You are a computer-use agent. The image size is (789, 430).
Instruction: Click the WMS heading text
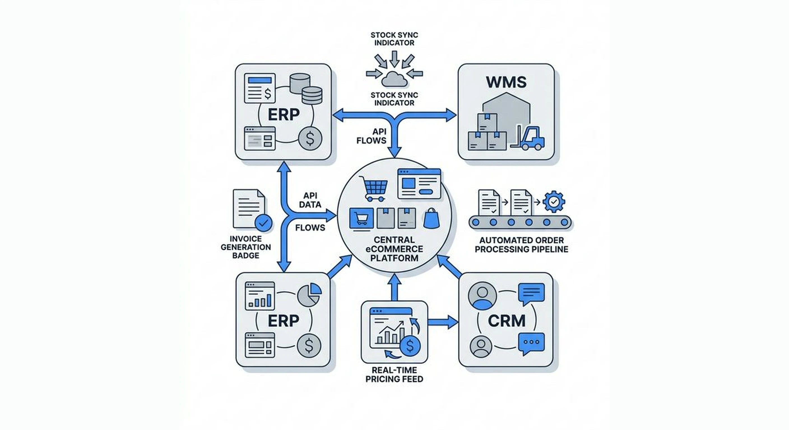tap(506, 82)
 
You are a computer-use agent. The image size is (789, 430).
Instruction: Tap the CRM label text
tap(506, 321)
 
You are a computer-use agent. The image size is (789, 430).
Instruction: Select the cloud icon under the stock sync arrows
tap(394, 79)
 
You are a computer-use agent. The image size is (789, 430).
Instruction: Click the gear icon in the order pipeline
tap(553, 202)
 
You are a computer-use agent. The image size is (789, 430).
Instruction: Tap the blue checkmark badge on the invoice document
tap(263, 223)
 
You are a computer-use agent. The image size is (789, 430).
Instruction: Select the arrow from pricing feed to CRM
tap(443, 322)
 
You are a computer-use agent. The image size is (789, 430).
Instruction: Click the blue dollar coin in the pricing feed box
tap(410, 346)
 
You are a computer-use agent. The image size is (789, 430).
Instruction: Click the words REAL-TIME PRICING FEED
tap(394, 375)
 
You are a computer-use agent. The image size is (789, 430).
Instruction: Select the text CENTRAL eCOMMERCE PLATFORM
tap(394, 249)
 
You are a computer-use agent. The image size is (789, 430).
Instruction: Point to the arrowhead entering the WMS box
tap(450, 115)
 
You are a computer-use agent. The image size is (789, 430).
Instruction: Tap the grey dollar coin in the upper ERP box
tap(310, 138)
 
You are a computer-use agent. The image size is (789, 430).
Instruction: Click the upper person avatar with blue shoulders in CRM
tap(482, 296)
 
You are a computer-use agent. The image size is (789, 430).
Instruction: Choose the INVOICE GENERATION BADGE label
tap(246, 247)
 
